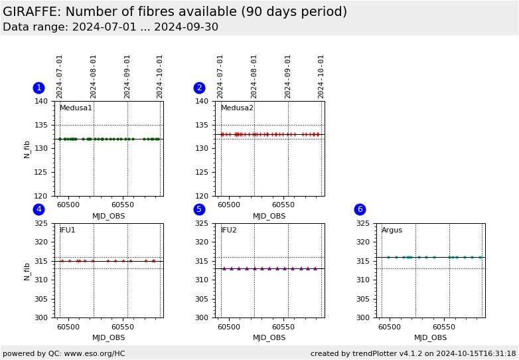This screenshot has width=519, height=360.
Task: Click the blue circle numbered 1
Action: click(38, 88)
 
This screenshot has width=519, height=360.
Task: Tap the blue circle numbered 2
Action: click(199, 88)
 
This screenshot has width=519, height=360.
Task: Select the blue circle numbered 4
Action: click(38, 209)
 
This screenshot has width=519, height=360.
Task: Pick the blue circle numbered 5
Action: click(199, 209)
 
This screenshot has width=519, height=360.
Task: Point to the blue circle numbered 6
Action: click(360, 209)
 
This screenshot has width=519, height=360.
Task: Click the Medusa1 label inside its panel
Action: click(76, 108)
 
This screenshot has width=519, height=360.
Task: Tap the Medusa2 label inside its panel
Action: click(237, 108)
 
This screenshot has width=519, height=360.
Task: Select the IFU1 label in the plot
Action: click(68, 230)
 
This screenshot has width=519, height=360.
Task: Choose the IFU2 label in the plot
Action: click(228, 230)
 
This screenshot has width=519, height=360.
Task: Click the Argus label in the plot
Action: click(392, 230)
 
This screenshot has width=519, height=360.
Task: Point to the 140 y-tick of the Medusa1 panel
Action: click(41, 102)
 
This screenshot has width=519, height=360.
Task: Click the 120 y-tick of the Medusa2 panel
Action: click(202, 196)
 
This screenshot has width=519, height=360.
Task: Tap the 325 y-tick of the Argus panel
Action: click(362, 224)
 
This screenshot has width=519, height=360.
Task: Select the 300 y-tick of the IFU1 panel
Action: click(41, 317)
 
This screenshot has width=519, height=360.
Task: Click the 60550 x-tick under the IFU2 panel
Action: click(283, 327)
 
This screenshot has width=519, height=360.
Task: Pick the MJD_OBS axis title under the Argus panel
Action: click(430, 337)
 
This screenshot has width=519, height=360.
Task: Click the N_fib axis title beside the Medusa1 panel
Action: click(27, 149)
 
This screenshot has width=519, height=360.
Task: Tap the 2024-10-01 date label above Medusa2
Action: click(321, 76)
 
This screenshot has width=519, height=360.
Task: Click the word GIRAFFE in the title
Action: click(31, 12)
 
